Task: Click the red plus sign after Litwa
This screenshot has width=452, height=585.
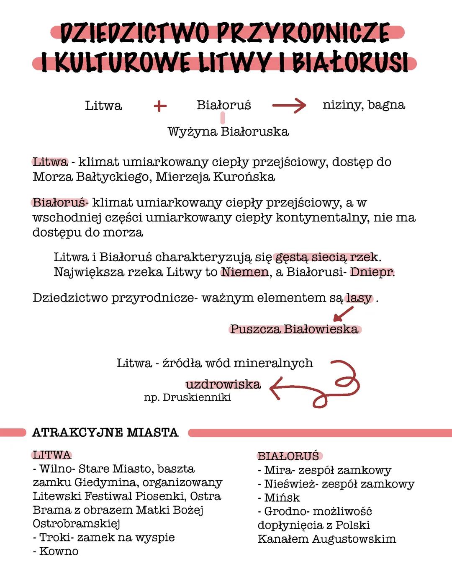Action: (x=160, y=106)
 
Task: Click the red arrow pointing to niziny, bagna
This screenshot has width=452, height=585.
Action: (x=289, y=106)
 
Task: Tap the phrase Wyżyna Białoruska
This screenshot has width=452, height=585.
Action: (x=228, y=131)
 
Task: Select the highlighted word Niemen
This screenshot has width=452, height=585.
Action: (x=245, y=272)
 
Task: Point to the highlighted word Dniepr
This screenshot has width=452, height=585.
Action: (x=372, y=272)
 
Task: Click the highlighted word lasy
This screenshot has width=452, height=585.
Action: (x=359, y=298)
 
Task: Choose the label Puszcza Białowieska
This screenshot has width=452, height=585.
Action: (x=294, y=329)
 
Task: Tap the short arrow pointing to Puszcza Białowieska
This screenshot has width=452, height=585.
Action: (x=343, y=314)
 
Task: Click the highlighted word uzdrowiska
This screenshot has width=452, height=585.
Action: (x=223, y=384)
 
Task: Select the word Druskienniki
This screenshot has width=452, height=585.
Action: (x=197, y=397)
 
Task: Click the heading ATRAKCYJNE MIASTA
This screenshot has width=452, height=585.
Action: (x=105, y=432)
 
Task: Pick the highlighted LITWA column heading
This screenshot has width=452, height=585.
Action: (x=52, y=455)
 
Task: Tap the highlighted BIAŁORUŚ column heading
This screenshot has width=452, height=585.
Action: (x=288, y=456)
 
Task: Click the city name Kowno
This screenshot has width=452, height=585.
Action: (x=59, y=551)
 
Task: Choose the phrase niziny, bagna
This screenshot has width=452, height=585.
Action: (x=364, y=105)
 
